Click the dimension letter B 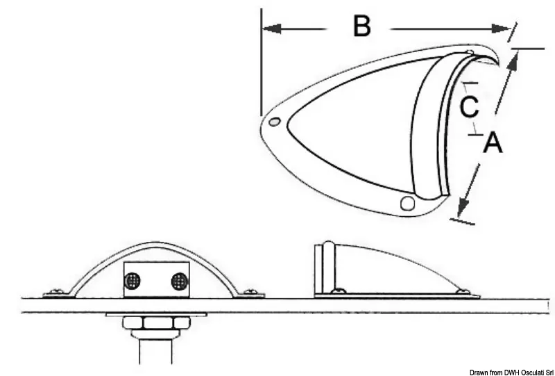pyautogui.click(x=361, y=26)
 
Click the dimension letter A pyautogui.click(x=493, y=142)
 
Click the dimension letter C pyautogui.click(x=470, y=107)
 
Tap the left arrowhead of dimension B pyautogui.click(x=272, y=28)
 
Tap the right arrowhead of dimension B pyautogui.click(x=502, y=28)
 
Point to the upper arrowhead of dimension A pyautogui.click(x=513, y=60)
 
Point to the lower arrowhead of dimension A pyautogui.click(x=463, y=208)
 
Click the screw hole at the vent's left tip pyautogui.click(x=274, y=122)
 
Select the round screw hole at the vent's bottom pyautogui.click(x=407, y=203)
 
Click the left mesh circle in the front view pyautogui.click(x=133, y=281)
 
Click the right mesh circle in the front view pyautogui.click(x=179, y=281)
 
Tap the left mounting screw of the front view pyautogui.click(x=56, y=292)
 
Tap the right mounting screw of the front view pyautogui.click(x=250, y=292)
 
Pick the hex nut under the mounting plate pyautogui.click(x=156, y=322)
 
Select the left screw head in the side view pyautogui.click(x=338, y=291)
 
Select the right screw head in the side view pyautogui.click(x=463, y=292)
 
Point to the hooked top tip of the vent pyautogui.click(x=498, y=65)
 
